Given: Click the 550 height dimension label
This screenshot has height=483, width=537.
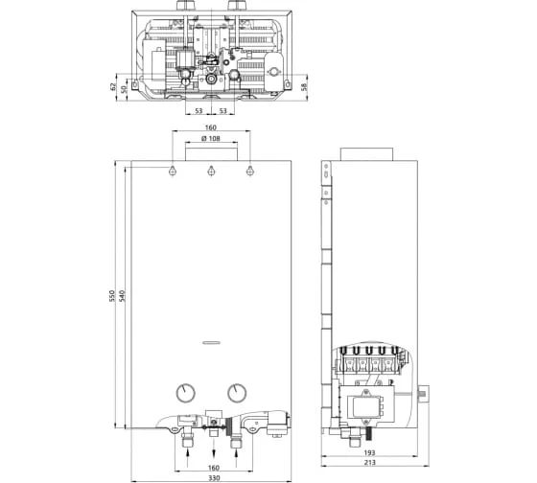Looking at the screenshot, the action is coord(111,296).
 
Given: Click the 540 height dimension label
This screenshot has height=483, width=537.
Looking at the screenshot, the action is coord(123,296).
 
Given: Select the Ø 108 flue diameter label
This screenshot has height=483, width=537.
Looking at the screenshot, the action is coord(211,138).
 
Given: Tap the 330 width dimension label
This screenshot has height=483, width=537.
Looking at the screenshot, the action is coord(214,478).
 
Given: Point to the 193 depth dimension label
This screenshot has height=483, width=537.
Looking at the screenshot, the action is coord(369,453).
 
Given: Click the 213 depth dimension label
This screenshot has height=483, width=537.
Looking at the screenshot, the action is coord(369,463).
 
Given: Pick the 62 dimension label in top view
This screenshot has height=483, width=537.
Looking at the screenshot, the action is coord(113,86).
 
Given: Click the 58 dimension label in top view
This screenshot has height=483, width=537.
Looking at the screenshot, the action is coord(304,86).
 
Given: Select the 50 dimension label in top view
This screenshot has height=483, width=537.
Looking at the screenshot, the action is coord(124,89).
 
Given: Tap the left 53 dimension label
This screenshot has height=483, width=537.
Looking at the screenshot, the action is coord(198,110).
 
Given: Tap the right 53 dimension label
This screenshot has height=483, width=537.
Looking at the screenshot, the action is coord(222,110).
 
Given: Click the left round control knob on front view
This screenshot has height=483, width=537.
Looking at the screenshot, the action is coord(186,393).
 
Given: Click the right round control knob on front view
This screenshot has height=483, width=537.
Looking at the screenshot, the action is coord(237,393).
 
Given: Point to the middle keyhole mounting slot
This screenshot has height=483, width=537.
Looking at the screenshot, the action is coord(211,171).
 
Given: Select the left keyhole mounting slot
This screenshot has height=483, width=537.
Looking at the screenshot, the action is coord(173,171).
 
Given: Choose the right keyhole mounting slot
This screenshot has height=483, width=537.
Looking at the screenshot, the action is coord(250,171).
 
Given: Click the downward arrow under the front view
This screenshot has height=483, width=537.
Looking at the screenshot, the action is coord(214,451).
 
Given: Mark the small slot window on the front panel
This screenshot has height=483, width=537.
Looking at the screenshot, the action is coord(211,343).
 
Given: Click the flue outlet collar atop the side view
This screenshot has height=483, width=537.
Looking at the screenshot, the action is coord(366,154).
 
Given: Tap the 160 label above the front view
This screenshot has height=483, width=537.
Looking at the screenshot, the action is coord(211,127).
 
